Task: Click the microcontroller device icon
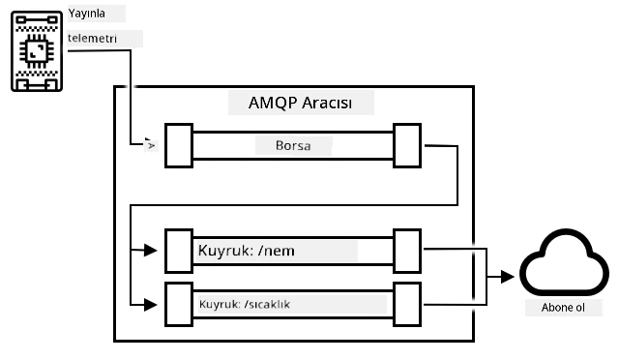(37, 51)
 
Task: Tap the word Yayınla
(86, 14)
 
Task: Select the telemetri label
(93, 39)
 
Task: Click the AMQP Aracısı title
(300, 103)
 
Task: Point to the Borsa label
(293, 145)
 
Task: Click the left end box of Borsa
(179, 145)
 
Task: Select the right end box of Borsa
(407, 145)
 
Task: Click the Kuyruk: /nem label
(246, 251)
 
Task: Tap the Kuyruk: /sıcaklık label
(245, 304)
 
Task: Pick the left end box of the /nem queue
(179, 251)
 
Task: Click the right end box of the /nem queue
(407, 251)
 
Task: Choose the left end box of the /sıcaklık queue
(179, 304)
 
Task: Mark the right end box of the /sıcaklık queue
(407, 304)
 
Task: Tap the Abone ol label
(563, 308)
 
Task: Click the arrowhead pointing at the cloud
(508, 277)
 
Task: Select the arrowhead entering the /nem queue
(151, 250)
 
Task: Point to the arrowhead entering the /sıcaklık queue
(151, 305)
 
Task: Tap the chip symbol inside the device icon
(37, 51)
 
